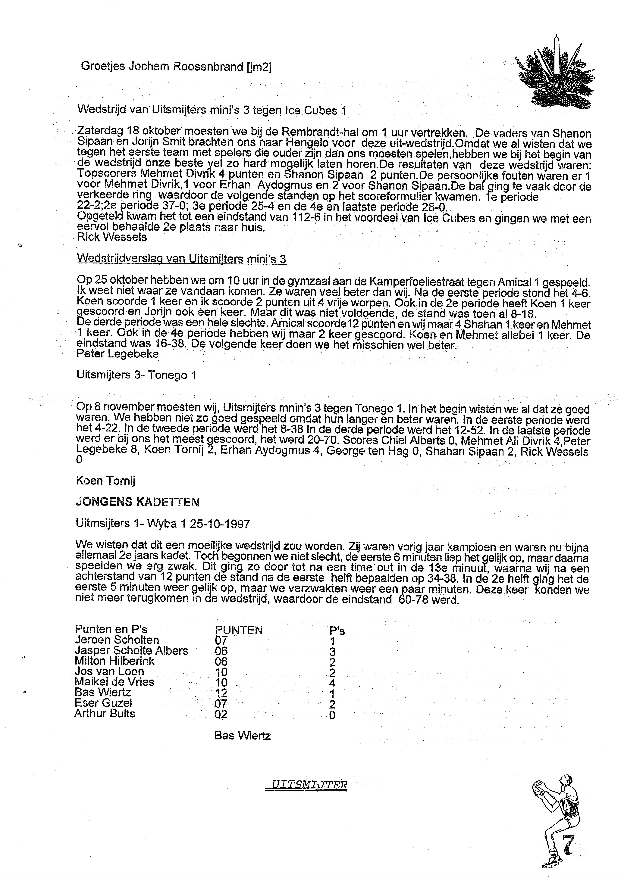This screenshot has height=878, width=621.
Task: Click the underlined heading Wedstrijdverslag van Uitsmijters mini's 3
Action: click(181, 259)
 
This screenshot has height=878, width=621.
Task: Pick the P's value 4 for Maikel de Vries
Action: click(332, 683)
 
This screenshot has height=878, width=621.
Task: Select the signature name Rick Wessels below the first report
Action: click(112, 237)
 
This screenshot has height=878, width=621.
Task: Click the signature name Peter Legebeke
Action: click(118, 354)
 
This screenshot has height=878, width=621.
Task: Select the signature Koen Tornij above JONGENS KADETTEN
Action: click(106, 481)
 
